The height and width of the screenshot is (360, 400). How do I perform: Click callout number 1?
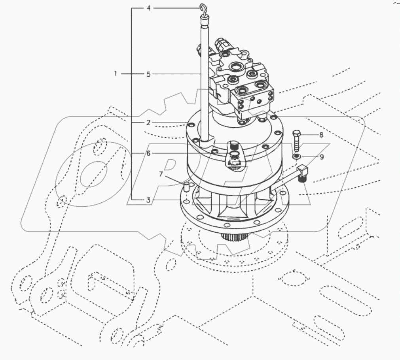tap(116, 74)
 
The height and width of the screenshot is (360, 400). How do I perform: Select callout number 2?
tap(148, 123)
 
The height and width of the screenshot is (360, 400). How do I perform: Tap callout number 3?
tap(148, 200)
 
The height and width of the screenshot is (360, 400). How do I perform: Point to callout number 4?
tap(148, 8)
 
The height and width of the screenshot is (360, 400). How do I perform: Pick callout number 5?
tap(148, 74)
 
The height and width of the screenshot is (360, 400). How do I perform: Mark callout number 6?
tap(148, 153)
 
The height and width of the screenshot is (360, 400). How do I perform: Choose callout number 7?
tap(161, 173)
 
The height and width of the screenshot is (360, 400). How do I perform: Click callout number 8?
tap(321, 135)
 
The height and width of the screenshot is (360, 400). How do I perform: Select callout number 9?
tap(322, 157)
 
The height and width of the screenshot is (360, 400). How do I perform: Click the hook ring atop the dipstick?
tap(204, 9)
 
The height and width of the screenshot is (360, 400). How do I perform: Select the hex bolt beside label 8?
tap(297, 139)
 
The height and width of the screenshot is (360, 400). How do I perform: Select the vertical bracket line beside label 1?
tap(132, 103)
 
